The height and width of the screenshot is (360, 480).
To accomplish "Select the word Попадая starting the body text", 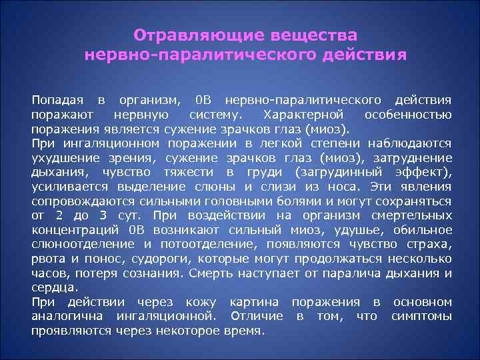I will tap(57, 101).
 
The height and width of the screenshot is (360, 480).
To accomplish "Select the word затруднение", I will tap(413, 158).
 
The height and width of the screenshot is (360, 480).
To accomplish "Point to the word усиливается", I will tap(64, 187).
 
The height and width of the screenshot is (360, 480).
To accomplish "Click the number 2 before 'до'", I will tap(59, 215).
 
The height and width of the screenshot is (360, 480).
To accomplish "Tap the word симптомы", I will tap(421, 316).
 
